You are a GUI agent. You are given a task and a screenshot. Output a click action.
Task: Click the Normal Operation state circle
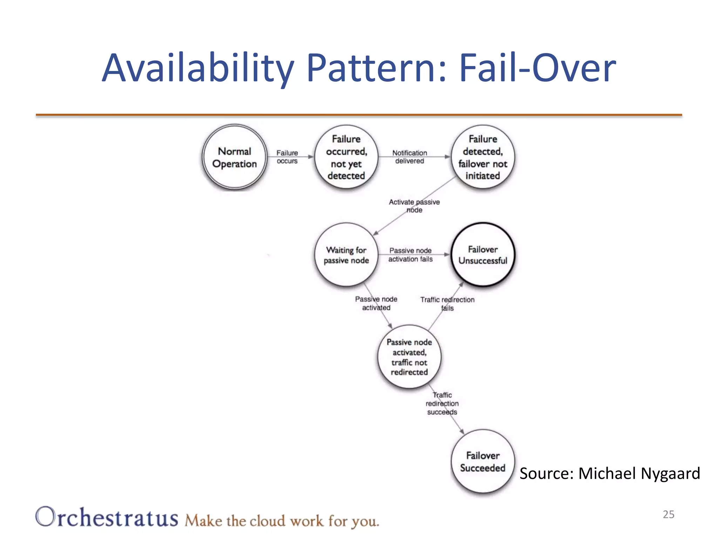click(x=235, y=157)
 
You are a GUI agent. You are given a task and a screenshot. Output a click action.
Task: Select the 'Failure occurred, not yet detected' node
click(x=346, y=157)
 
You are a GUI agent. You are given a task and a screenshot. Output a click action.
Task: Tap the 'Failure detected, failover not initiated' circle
click(x=483, y=157)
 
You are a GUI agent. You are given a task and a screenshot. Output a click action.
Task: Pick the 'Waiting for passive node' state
click(x=346, y=255)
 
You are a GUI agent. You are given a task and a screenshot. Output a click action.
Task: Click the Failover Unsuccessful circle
click(x=483, y=255)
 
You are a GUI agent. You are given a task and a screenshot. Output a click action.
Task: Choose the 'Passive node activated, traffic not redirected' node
click(x=409, y=357)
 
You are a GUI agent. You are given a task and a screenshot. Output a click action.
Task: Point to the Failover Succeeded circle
click(x=483, y=461)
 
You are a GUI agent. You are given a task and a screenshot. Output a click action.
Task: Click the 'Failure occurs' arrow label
click(x=287, y=157)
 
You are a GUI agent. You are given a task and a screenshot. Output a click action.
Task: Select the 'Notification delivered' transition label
click(x=409, y=157)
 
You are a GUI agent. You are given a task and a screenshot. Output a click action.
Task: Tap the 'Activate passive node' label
click(x=414, y=206)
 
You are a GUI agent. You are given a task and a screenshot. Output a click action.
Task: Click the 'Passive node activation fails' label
click(x=410, y=255)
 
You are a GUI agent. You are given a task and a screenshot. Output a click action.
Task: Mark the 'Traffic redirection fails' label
click(x=447, y=304)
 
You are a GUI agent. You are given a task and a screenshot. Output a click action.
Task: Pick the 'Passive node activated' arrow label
click(x=376, y=303)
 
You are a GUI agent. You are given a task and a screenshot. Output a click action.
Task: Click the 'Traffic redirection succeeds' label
click(x=442, y=404)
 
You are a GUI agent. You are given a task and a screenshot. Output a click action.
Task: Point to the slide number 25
click(x=668, y=514)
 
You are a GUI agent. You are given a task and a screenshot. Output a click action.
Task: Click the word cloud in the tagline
click(x=267, y=521)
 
